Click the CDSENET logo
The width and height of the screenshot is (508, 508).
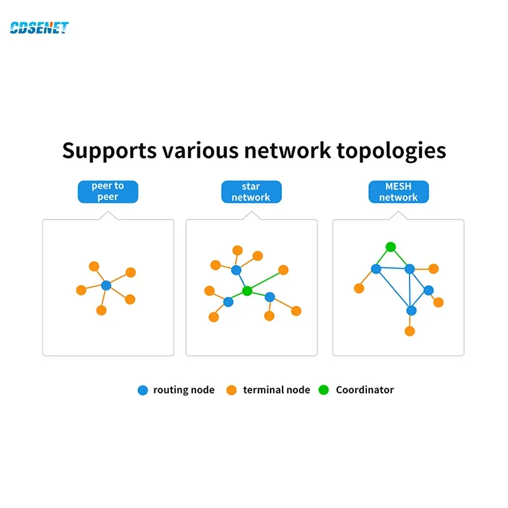(39, 27)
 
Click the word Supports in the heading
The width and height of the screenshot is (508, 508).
(109, 151)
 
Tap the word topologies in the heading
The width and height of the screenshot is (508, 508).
(391, 151)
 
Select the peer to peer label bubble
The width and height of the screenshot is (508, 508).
(107, 192)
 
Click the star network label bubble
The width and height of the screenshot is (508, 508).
(251, 192)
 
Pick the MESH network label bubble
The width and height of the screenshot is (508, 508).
(398, 192)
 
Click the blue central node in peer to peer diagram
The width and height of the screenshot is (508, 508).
(106, 286)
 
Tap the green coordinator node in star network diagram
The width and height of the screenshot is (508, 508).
(247, 291)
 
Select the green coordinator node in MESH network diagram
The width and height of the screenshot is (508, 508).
(391, 246)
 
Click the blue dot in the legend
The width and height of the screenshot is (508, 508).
(142, 390)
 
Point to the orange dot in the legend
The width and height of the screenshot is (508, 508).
(232, 390)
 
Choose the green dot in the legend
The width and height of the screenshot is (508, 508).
(324, 390)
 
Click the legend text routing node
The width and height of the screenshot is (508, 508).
(184, 390)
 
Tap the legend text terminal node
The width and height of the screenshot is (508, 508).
(276, 390)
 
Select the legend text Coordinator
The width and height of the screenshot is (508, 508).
(364, 390)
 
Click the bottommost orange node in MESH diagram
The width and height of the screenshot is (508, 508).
(410, 331)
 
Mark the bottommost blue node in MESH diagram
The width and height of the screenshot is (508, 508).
(411, 311)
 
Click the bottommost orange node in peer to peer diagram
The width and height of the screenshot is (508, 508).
(101, 311)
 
